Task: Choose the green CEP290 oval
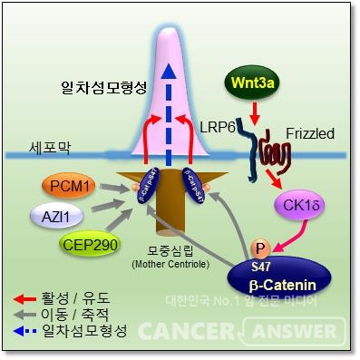point(88,245)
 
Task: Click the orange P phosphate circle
point(262,247)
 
